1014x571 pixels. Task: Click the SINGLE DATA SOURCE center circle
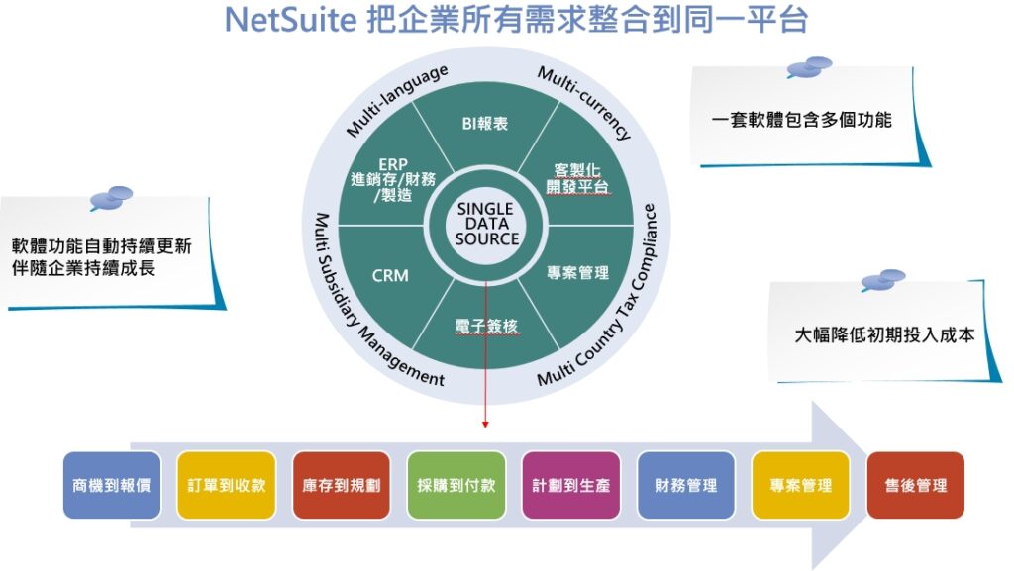click(x=486, y=225)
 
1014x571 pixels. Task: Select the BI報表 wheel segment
click(x=485, y=124)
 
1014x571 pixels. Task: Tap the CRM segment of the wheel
click(x=389, y=276)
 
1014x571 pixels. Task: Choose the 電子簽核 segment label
click(x=486, y=325)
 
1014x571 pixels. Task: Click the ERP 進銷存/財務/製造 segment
click(x=393, y=179)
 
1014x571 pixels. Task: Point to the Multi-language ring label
click(x=397, y=100)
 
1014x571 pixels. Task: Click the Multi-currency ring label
click(x=584, y=103)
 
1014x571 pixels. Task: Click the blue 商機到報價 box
click(x=112, y=486)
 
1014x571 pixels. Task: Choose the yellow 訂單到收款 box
click(x=227, y=486)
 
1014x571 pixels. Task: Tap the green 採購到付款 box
click(x=456, y=486)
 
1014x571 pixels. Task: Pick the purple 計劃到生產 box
click(x=571, y=486)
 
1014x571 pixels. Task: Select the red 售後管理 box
click(x=916, y=486)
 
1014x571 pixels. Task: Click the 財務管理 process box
click(x=686, y=486)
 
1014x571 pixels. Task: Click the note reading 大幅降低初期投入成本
click(x=884, y=334)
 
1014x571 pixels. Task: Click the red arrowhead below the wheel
click(x=486, y=424)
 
